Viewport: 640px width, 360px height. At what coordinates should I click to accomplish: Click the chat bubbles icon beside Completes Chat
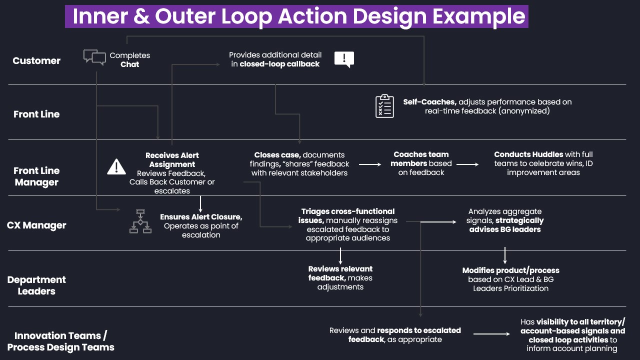(94, 57)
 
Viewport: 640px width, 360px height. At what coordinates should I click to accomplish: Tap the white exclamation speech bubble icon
(344, 59)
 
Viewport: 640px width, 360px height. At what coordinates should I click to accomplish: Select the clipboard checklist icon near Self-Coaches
(384, 106)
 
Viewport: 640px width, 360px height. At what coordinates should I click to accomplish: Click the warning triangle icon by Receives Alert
(116, 166)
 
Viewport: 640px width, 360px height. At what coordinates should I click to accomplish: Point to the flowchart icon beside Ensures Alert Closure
(140, 221)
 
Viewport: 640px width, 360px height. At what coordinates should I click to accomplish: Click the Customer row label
(36, 60)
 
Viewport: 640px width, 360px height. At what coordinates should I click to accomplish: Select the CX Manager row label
(36, 225)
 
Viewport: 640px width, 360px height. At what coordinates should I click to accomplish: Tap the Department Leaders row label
(36, 285)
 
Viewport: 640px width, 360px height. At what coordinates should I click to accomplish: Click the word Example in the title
(479, 16)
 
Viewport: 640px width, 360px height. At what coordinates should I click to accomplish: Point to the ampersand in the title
(141, 16)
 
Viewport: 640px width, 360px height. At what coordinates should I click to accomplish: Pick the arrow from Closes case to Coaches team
(370, 164)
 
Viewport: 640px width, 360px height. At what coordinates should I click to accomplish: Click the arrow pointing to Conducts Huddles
(467, 164)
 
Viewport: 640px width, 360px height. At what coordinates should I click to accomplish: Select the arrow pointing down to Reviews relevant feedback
(340, 255)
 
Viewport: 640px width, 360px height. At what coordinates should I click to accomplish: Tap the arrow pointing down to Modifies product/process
(505, 255)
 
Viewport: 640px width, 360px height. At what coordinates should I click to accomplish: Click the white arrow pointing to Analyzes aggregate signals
(438, 221)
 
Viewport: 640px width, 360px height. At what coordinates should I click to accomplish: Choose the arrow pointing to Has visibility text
(491, 333)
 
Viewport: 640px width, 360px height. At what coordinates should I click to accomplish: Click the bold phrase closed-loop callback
(279, 64)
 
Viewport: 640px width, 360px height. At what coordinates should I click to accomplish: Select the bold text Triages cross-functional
(348, 211)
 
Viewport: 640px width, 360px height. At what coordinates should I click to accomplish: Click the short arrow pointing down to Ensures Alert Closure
(200, 204)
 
